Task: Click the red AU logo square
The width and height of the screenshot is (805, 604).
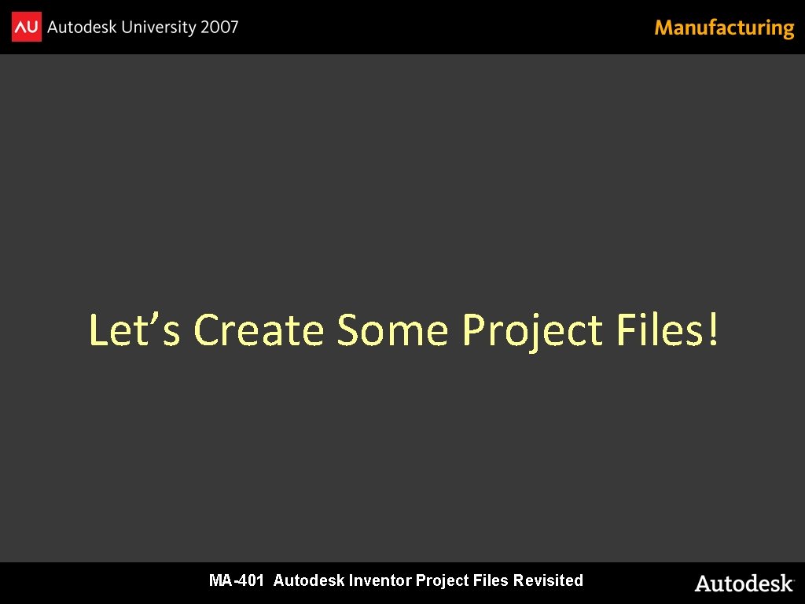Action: (x=26, y=28)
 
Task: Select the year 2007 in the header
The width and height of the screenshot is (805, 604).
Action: (x=219, y=28)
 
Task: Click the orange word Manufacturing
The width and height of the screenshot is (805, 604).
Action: (x=724, y=28)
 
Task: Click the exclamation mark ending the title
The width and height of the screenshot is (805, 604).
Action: (x=712, y=330)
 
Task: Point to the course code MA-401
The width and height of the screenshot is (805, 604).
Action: (x=237, y=580)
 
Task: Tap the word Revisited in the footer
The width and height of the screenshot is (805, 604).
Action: (x=548, y=580)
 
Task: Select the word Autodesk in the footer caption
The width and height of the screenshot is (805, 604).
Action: (x=309, y=580)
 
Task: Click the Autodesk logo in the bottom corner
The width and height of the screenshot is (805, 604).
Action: (x=744, y=584)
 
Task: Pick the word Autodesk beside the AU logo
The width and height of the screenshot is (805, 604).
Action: (x=82, y=28)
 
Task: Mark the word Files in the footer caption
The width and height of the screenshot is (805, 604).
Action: (x=491, y=580)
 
